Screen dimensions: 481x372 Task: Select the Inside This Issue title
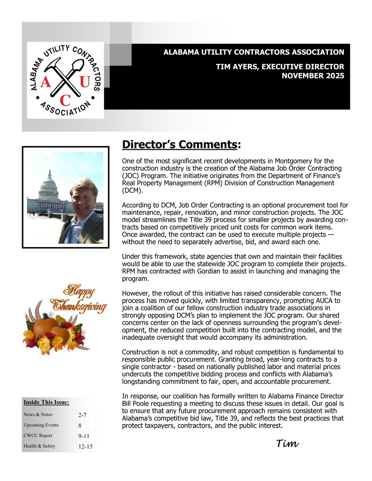(46, 402)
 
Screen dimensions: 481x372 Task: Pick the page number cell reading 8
(80, 426)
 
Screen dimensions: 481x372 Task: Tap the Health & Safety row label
(39, 446)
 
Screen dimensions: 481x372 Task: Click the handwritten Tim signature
(287, 443)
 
